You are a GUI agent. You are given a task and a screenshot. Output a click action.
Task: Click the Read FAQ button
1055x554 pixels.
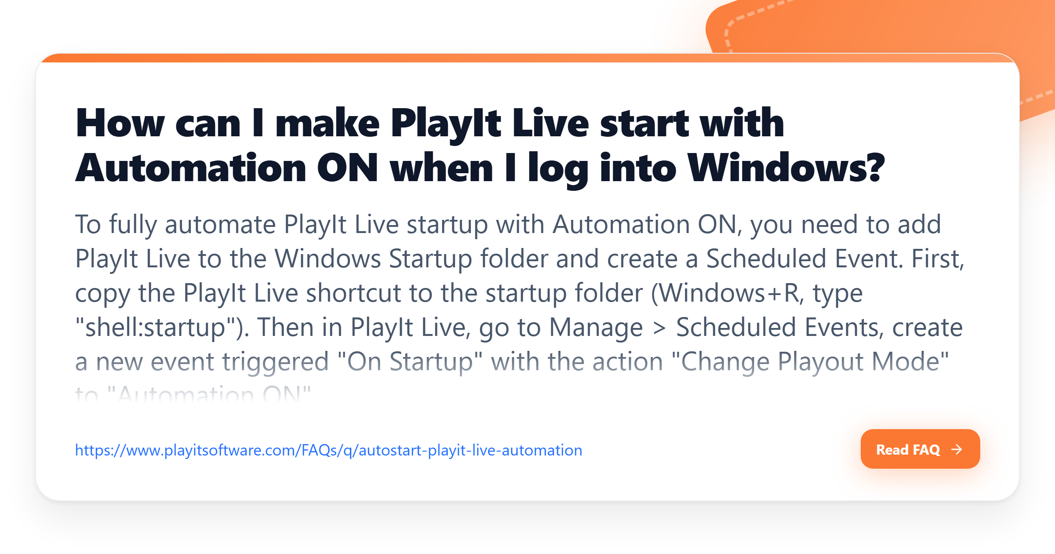[920, 449]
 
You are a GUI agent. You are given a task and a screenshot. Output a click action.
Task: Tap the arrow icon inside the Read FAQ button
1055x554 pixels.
[957, 449]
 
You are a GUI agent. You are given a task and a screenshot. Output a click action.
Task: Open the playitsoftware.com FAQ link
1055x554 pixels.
[328, 450]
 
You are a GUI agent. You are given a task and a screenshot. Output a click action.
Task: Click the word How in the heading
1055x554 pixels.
[120, 124]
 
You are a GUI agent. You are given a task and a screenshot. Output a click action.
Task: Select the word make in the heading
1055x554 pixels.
[327, 124]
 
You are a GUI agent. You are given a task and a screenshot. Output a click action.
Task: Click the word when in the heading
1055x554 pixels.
[441, 168]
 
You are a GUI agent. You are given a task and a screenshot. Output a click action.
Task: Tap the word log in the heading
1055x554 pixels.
[558, 169]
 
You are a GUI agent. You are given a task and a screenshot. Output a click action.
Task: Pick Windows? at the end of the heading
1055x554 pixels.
[786, 168]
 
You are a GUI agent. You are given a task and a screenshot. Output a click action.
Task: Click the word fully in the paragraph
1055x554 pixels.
[133, 225]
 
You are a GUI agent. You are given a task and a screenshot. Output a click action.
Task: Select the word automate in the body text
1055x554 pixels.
[220, 225]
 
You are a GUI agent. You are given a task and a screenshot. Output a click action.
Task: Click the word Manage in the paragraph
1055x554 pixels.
[596, 328]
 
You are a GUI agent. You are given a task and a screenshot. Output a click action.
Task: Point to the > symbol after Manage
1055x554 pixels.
[659, 328]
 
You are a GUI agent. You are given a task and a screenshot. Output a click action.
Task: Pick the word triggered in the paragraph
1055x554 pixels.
[276, 362]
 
